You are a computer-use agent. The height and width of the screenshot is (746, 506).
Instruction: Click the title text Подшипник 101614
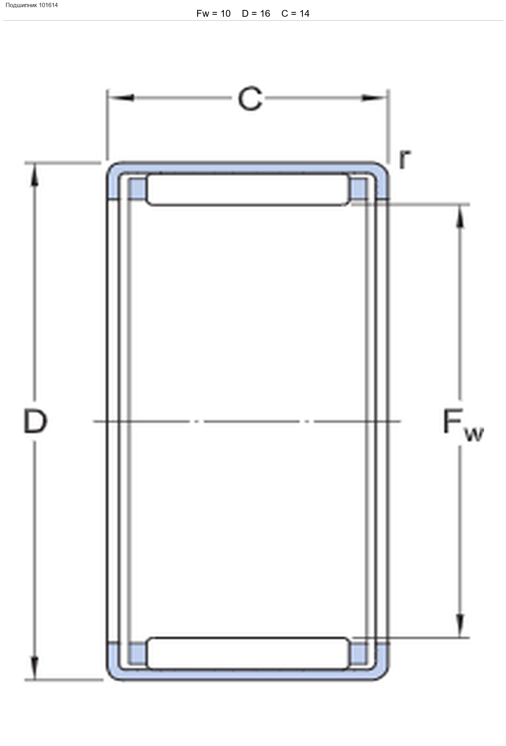pos(32,5)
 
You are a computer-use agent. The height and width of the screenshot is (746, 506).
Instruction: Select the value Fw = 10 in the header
pos(213,14)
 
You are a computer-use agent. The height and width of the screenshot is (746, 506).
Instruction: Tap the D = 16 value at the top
pos(256,14)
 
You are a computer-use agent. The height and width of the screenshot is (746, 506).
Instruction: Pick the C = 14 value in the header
pos(295,14)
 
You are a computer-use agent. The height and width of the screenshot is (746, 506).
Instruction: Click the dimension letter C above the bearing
pos(250,99)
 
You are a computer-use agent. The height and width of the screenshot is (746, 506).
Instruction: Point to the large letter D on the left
pos(35,421)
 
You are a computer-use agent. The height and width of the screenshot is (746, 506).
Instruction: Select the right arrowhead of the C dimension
pos(374,98)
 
